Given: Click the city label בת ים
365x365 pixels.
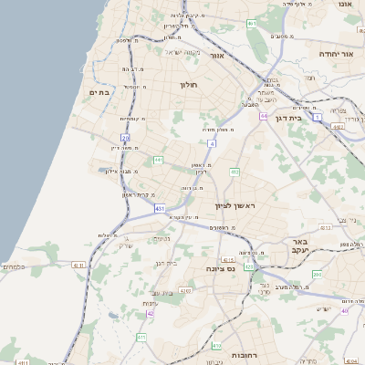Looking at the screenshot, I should (x=99, y=92).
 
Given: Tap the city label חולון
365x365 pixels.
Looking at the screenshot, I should (x=188, y=84).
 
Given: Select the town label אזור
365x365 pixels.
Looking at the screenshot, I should (x=217, y=56).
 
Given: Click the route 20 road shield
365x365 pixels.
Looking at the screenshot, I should (x=125, y=138).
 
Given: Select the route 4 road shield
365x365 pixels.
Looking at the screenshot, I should (x=212, y=143).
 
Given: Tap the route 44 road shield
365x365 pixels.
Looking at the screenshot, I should (x=263, y=117).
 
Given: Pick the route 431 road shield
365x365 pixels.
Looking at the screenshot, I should (x=161, y=209).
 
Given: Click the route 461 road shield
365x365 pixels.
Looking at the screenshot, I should (x=251, y=24).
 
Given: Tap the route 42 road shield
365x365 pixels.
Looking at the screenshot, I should (x=150, y=313).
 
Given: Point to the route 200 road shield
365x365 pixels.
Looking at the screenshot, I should (x=317, y=274).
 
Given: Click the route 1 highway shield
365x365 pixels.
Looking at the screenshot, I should (x=317, y=118).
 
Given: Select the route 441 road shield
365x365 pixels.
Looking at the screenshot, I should (x=158, y=161).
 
